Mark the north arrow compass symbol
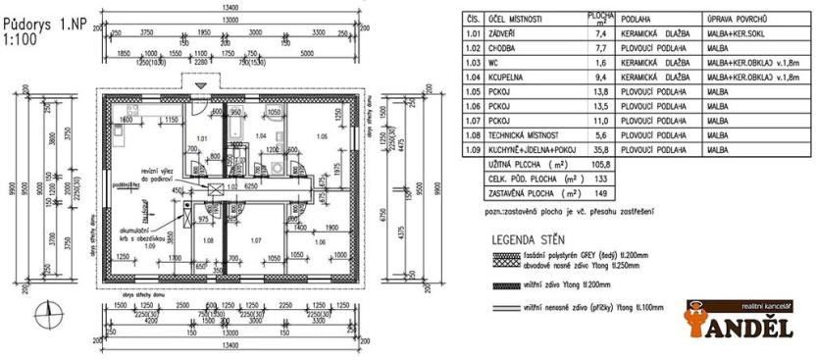tap(44, 314)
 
